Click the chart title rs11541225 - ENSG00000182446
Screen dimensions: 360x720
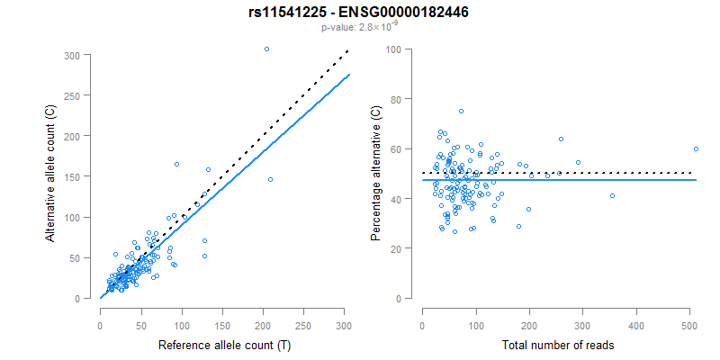click(359, 13)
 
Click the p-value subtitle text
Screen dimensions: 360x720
click(359, 27)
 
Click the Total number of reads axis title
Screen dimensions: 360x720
click(557, 346)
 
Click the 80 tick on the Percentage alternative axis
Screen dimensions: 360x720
click(394, 99)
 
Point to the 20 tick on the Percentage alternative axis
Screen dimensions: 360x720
click(394, 247)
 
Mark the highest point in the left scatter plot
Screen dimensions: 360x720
click(266, 49)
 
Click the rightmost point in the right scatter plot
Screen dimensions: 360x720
click(696, 148)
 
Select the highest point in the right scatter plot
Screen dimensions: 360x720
click(461, 111)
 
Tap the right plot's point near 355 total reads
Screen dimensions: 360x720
click(612, 195)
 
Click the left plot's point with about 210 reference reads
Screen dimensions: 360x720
click(270, 179)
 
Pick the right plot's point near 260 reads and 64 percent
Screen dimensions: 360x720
click(561, 139)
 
